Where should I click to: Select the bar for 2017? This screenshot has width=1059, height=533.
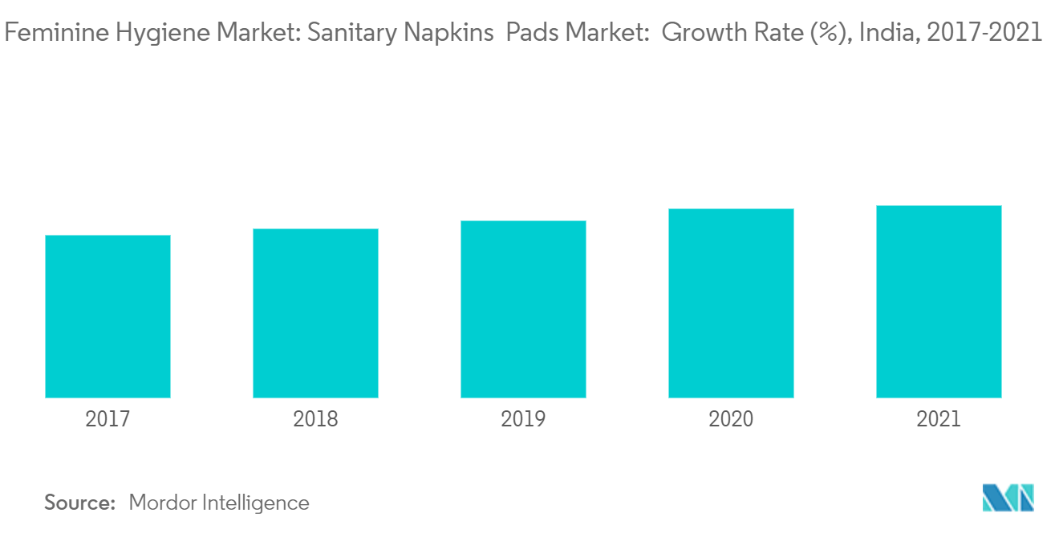(108, 317)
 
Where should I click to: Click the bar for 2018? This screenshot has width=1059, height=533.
(315, 313)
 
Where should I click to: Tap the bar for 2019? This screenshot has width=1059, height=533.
(523, 309)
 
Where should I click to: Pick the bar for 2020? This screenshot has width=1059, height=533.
(731, 303)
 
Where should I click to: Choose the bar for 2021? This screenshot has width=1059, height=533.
(939, 301)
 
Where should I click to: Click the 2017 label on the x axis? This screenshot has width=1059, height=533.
(108, 419)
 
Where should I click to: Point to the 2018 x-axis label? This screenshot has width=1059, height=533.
(315, 419)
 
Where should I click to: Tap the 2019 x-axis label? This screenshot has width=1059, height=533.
(523, 419)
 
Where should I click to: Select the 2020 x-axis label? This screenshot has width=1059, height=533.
(731, 419)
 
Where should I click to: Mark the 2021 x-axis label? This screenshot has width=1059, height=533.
(939, 419)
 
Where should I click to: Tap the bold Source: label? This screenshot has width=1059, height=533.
(80, 503)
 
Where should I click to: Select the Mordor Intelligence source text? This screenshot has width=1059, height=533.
(218, 503)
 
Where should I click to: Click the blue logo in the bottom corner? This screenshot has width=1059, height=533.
(1008, 498)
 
